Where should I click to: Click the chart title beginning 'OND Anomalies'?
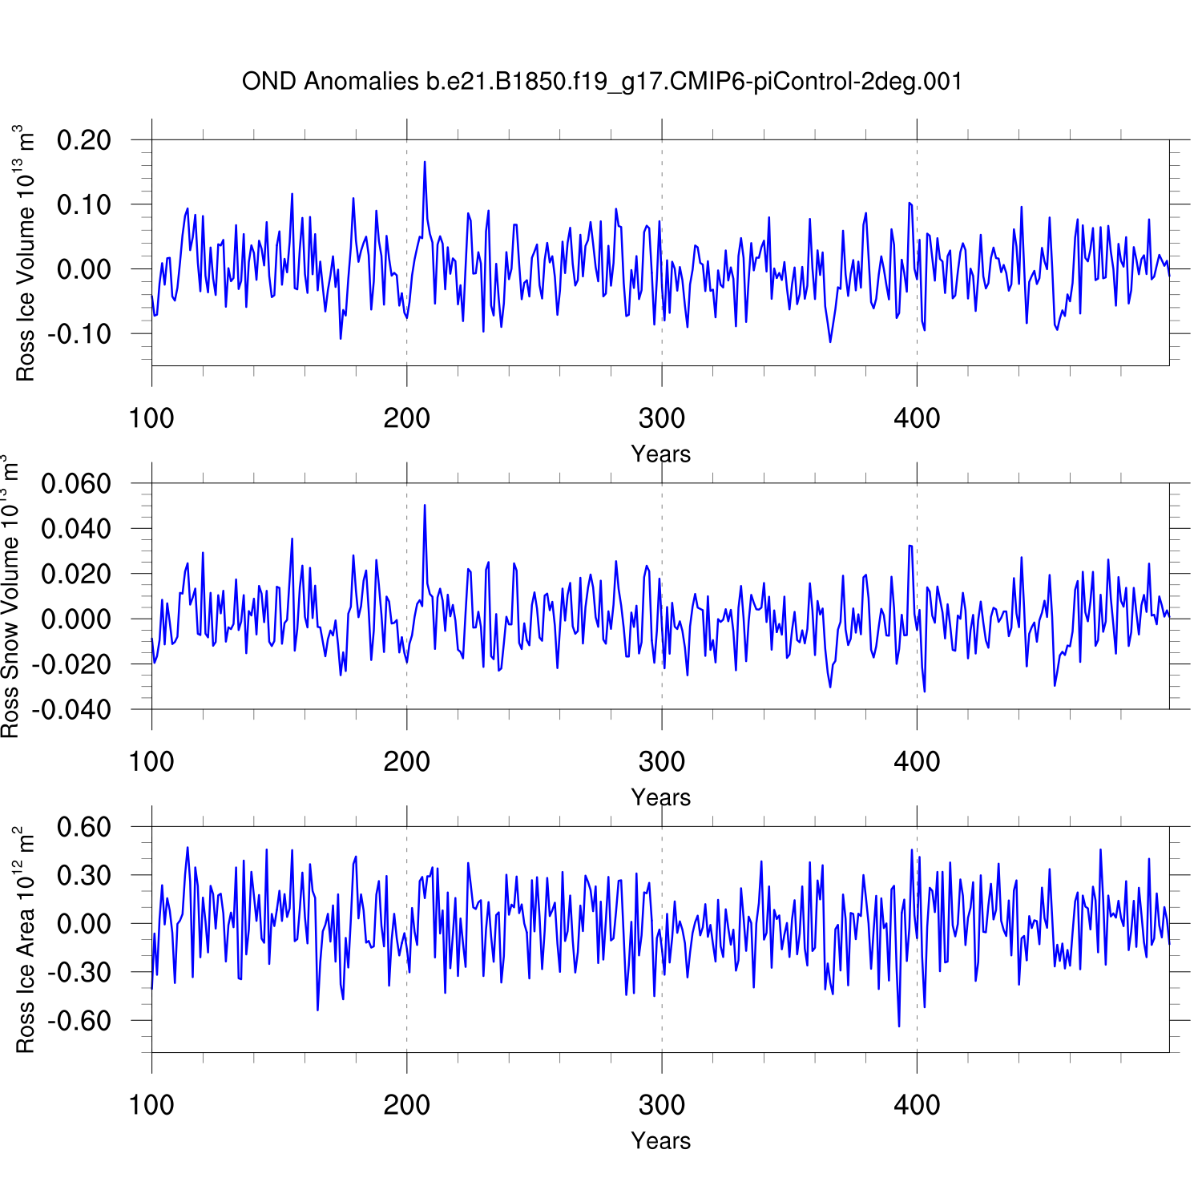click(602, 81)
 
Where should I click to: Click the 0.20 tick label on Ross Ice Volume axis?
click(83, 140)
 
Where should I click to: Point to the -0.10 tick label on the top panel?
click(79, 333)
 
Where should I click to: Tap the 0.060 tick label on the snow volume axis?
click(76, 484)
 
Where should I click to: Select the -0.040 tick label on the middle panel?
click(72, 709)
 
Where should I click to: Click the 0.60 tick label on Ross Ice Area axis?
click(83, 827)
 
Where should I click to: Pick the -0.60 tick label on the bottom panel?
click(79, 1021)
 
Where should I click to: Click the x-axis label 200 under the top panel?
click(406, 418)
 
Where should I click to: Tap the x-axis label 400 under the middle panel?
click(917, 761)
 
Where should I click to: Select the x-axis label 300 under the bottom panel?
click(662, 1105)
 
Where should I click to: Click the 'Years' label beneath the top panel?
click(660, 454)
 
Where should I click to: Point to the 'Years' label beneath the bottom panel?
click(660, 1141)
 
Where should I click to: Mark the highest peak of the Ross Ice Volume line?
click(425, 162)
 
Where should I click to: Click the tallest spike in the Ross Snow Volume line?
click(425, 505)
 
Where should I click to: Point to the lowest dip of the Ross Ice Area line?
click(899, 1026)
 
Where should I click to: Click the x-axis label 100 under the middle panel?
click(151, 761)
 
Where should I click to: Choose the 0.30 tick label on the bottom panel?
click(83, 876)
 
